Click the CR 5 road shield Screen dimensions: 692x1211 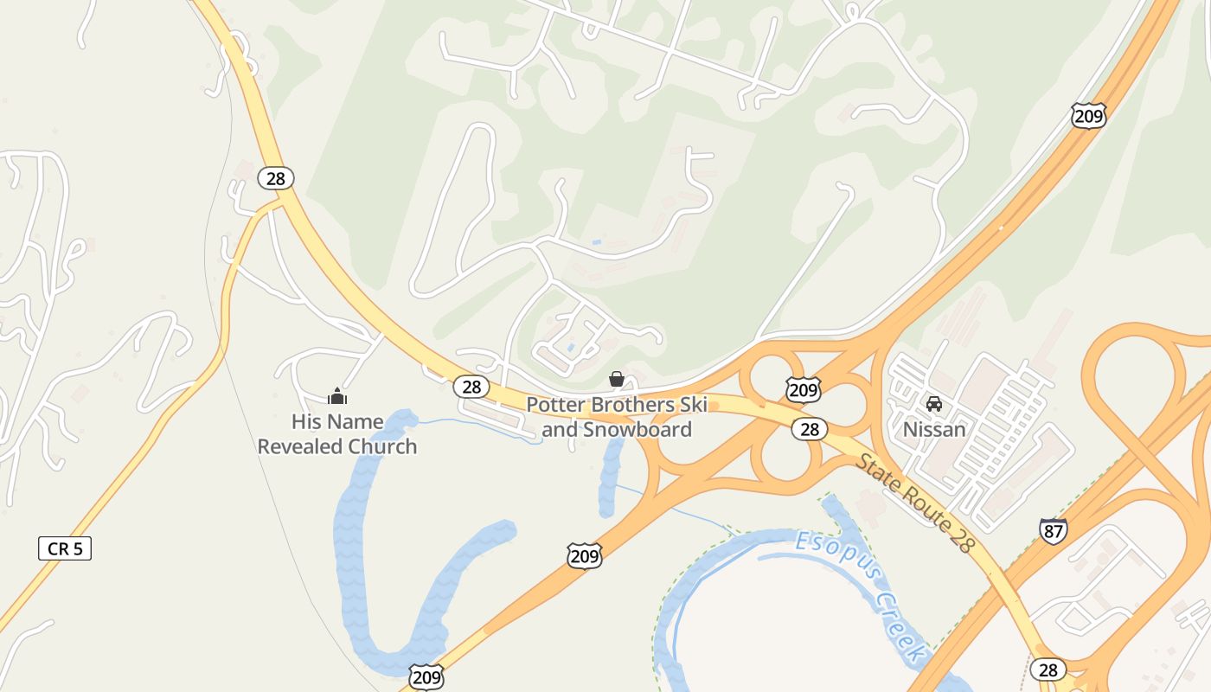(x=65, y=548)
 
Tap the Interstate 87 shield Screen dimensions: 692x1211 (x=1053, y=530)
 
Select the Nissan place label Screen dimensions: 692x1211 (x=934, y=429)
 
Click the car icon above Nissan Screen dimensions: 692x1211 (x=934, y=404)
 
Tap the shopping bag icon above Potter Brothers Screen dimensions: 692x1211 (x=617, y=379)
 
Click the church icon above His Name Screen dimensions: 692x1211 (x=337, y=397)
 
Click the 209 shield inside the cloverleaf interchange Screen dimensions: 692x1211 (x=803, y=390)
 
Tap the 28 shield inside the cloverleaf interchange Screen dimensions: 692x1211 (x=810, y=429)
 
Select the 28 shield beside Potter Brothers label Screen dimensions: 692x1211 (x=471, y=387)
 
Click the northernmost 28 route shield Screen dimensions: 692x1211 (x=275, y=179)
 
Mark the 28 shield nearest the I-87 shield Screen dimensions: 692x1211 (x=1048, y=670)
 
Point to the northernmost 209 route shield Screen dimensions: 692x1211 (x=1088, y=115)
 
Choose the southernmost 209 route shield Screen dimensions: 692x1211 (x=426, y=676)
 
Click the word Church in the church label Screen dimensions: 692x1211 (x=377, y=447)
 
